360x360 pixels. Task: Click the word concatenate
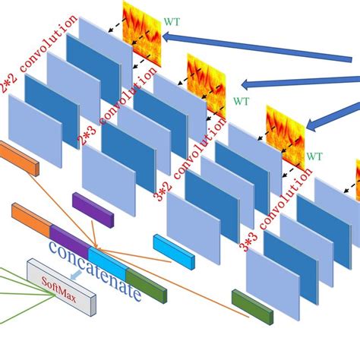coord(95,270)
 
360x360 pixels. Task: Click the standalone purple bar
coord(93,210)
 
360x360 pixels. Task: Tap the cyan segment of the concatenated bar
coord(106,257)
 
